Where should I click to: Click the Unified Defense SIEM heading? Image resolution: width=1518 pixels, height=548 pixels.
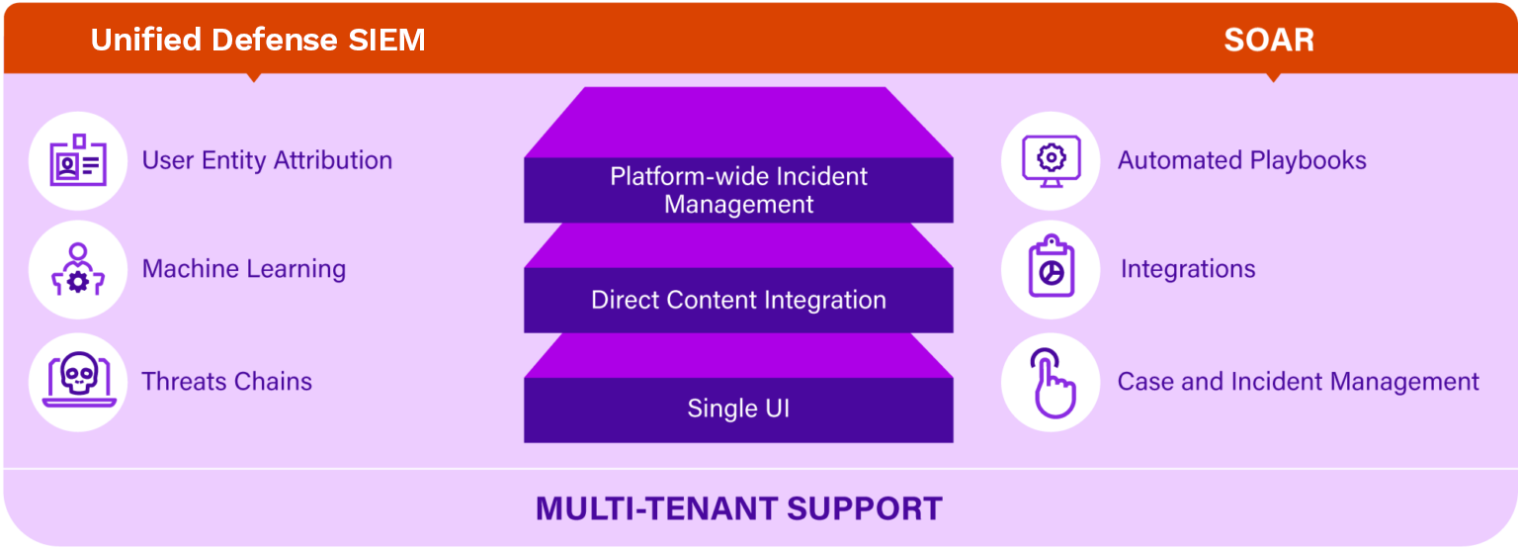(258, 40)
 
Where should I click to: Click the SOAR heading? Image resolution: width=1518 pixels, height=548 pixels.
(1269, 40)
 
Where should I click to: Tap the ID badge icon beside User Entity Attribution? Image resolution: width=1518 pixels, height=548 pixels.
(78, 160)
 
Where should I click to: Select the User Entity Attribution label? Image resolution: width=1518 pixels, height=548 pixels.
(267, 160)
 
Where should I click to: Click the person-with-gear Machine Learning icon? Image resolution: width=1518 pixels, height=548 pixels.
(78, 269)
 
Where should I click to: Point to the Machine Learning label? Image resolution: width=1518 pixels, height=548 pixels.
(244, 269)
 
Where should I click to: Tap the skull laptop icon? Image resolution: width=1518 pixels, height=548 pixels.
(79, 380)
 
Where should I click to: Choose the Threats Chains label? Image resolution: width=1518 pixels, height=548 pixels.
(227, 381)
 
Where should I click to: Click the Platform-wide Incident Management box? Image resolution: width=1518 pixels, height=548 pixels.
(738, 190)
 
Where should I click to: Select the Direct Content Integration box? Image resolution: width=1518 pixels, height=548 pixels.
(738, 300)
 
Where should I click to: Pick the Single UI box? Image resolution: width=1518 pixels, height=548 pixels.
(738, 410)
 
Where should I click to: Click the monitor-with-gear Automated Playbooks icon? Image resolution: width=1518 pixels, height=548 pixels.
(1052, 160)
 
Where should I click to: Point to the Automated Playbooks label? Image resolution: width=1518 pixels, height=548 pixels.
(1242, 160)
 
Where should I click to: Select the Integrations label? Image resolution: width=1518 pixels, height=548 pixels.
(1188, 269)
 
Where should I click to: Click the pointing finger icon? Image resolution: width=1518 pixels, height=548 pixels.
(1053, 383)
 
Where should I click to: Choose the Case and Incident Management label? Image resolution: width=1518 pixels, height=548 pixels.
(1299, 381)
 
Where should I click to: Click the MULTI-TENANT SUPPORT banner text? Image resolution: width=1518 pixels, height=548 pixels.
(738, 508)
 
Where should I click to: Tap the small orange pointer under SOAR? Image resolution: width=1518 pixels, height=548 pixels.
(1273, 77)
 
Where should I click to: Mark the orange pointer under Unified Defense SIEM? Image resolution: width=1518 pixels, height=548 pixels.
(254, 77)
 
